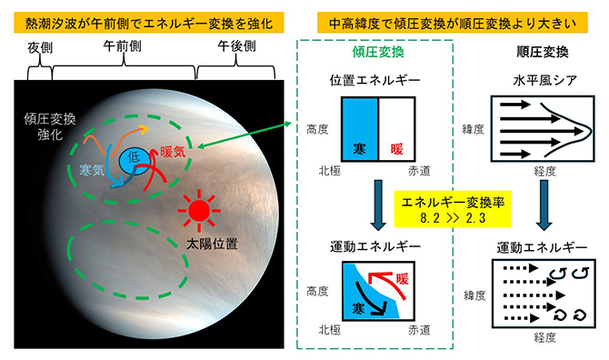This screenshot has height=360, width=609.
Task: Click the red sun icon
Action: pyautogui.click(x=199, y=211)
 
